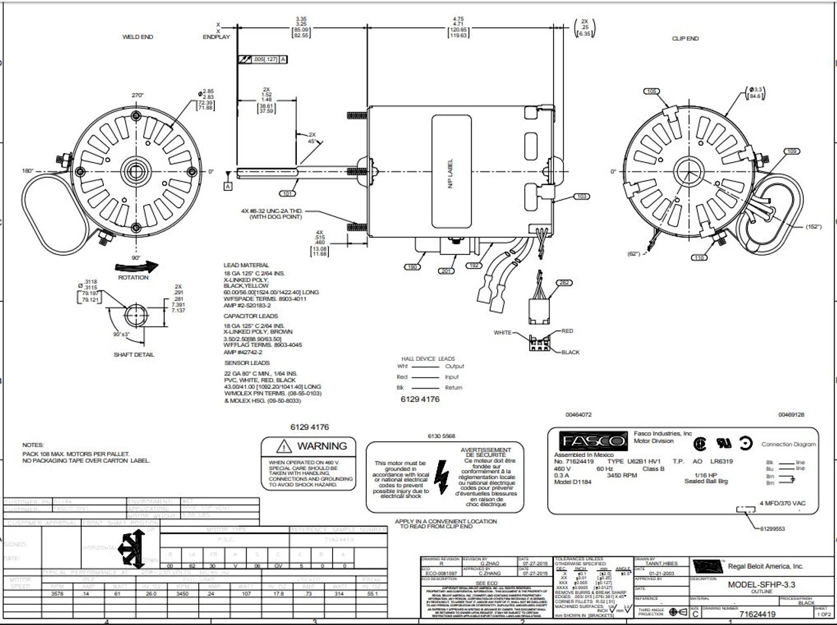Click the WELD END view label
[137, 37]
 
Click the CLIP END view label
[685, 39]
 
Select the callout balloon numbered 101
[288, 194]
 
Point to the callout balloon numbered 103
[582, 196]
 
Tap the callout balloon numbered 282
[563, 282]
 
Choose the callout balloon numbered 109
[792, 152]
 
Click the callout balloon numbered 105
[651, 92]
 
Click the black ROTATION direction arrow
[136, 266]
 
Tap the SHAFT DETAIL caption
[134, 354]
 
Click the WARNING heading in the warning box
[322, 446]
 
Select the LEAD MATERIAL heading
[247, 265]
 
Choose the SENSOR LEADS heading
[247, 363]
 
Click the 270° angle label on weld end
[137, 95]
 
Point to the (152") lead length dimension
[813, 227]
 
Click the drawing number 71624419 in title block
[757, 615]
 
